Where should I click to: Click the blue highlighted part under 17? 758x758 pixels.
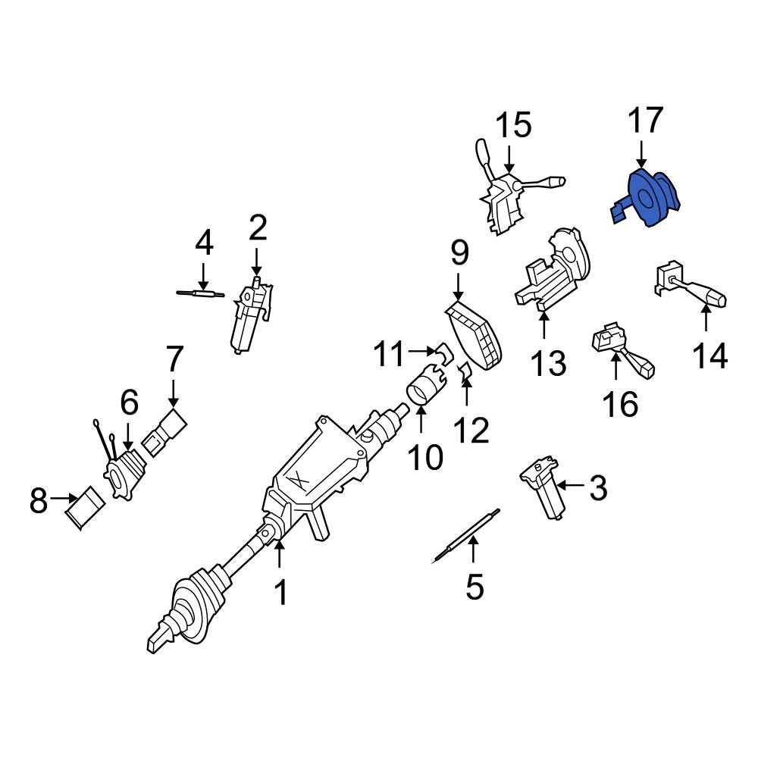[x=647, y=199]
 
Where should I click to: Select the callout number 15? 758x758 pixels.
[x=514, y=126]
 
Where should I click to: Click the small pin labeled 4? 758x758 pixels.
[x=196, y=293]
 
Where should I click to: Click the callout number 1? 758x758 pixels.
[x=280, y=592]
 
